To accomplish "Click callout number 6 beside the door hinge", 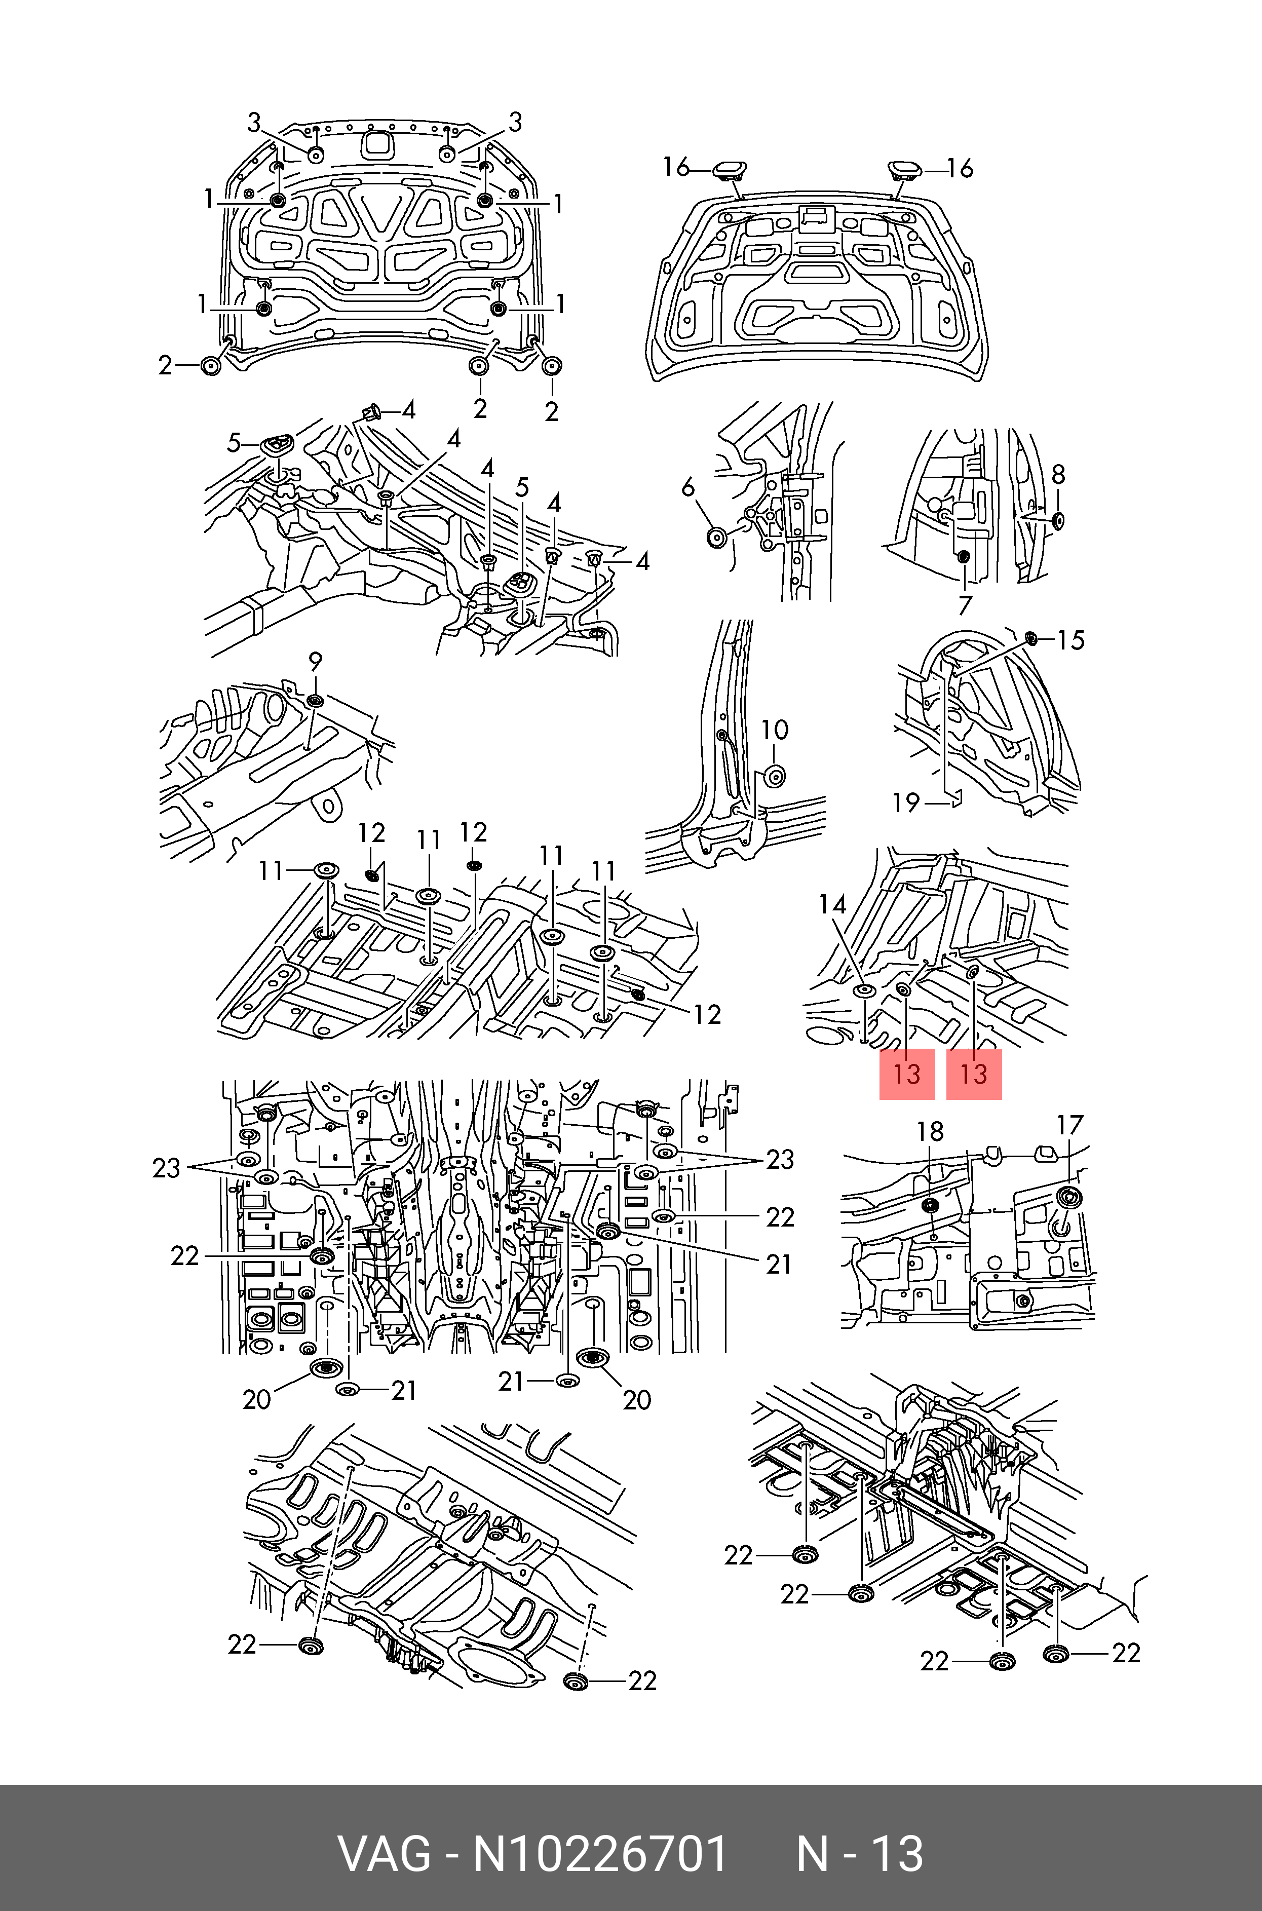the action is point(687,487).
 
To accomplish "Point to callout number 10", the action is point(774,730).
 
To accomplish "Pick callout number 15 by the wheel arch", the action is point(1070,640).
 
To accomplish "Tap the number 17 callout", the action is point(1069,1125).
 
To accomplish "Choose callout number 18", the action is point(930,1131).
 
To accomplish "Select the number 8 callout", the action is point(1058,475).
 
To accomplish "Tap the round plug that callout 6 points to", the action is point(715,537).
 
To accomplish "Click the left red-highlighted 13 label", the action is point(906,1074).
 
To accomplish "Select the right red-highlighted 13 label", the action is point(974,1074).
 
